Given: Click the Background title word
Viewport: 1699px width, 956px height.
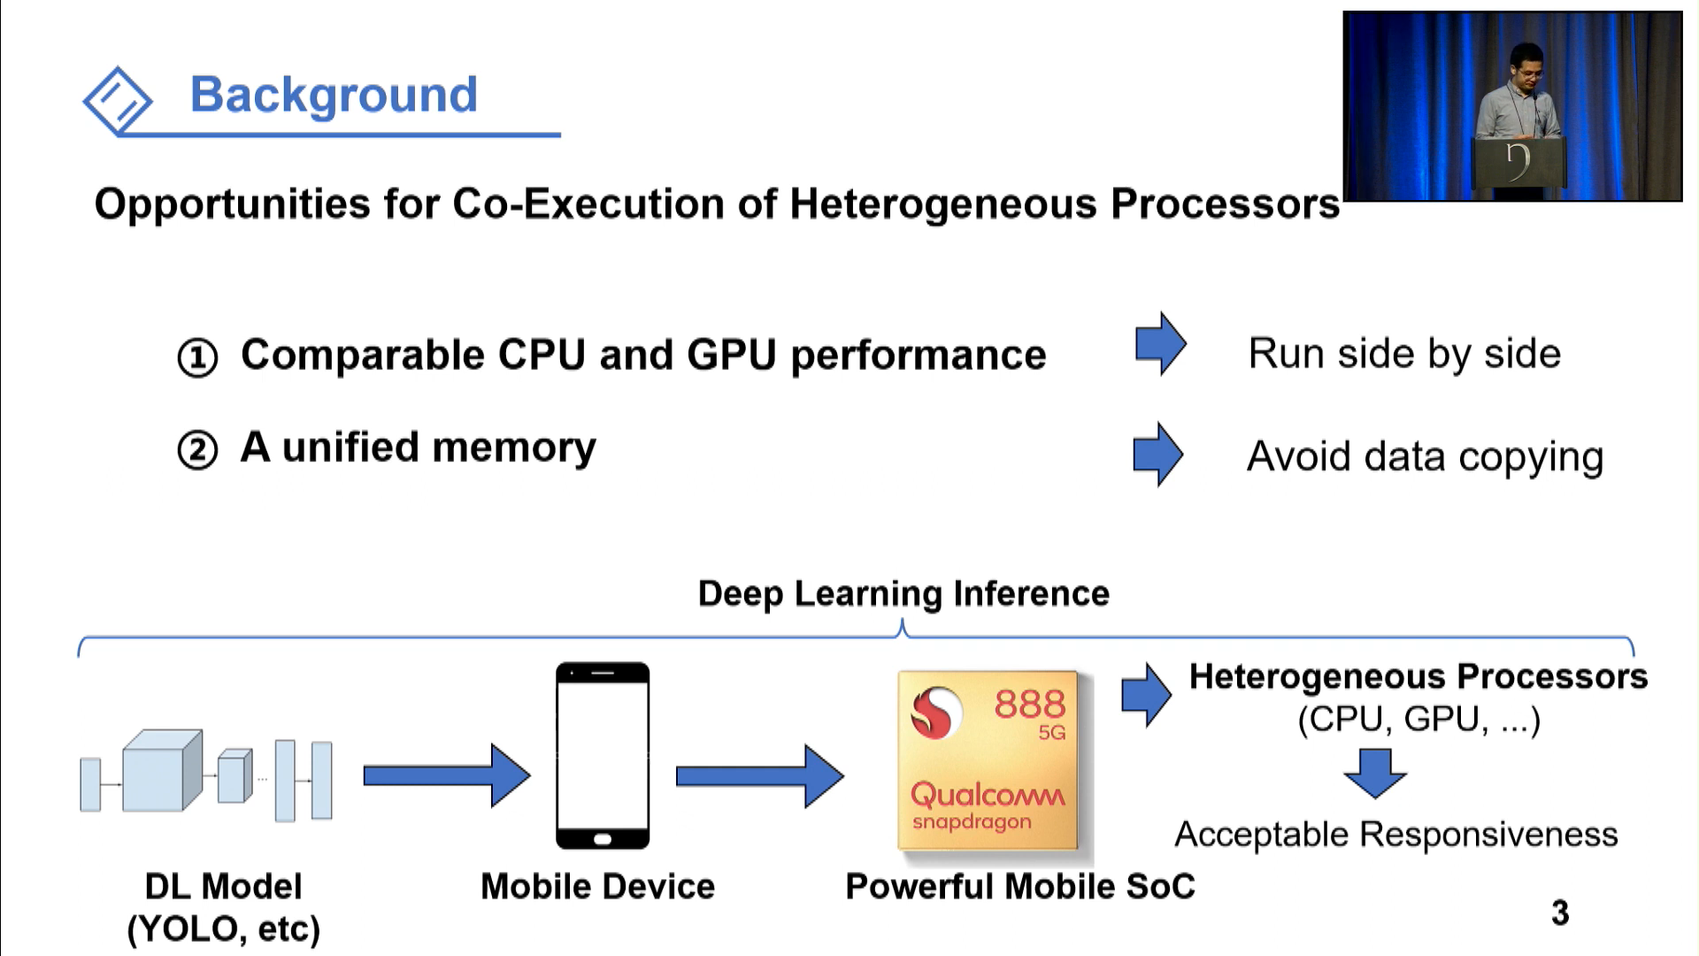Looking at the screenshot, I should [334, 95].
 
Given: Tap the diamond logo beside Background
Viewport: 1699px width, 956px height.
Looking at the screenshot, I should [118, 100].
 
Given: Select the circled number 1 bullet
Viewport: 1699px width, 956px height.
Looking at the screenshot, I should [197, 358].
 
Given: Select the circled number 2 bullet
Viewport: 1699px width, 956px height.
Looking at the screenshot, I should [197, 450].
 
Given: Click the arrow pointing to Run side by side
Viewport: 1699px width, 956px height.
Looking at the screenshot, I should [1160, 343].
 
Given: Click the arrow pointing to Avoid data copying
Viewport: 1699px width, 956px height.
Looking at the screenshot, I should [1157, 454].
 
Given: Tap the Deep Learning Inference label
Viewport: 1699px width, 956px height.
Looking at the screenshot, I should [903, 593].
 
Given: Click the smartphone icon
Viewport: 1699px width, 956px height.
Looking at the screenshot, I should [603, 755].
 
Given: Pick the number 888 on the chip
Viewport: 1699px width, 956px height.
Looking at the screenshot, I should [1029, 705].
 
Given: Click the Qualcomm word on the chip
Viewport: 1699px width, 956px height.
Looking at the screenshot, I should [987, 794].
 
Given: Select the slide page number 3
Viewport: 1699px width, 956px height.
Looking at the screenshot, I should [1560, 913].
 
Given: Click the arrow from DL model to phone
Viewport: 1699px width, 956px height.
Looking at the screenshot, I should [446, 775].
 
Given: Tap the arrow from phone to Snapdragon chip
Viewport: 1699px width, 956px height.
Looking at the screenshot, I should [759, 776].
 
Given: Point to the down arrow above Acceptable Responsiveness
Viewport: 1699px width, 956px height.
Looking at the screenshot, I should [1374, 773].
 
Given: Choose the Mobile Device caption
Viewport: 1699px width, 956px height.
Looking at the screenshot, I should [597, 886].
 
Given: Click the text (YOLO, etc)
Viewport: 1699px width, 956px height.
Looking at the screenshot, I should [223, 929].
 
